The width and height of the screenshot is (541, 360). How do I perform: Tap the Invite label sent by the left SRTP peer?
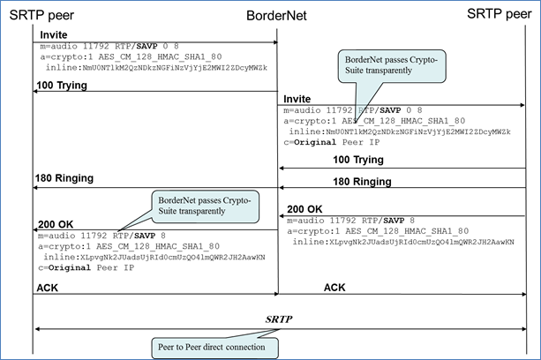click(54, 34)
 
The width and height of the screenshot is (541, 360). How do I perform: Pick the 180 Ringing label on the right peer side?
click(362, 181)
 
